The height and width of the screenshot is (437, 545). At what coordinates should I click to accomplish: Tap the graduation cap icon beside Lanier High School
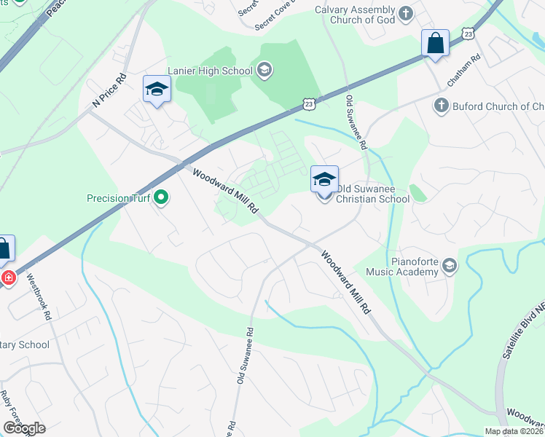pyautogui.click(x=264, y=71)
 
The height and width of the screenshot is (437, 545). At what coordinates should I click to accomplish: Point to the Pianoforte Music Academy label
pyautogui.click(x=397, y=265)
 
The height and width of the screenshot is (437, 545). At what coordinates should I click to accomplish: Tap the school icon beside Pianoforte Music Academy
pyautogui.click(x=450, y=265)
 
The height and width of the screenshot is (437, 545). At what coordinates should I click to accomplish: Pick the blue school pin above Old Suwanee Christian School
pyautogui.click(x=325, y=179)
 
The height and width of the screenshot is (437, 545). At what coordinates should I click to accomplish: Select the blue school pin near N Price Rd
pyautogui.click(x=157, y=90)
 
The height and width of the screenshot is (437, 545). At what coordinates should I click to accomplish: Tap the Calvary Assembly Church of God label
pyautogui.click(x=354, y=15)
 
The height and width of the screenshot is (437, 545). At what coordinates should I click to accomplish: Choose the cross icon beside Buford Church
pyautogui.click(x=441, y=106)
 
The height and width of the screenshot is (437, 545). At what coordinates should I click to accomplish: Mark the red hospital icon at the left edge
pyautogui.click(x=7, y=278)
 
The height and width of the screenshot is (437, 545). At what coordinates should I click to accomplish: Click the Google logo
pyautogui.click(x=25, y=428)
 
